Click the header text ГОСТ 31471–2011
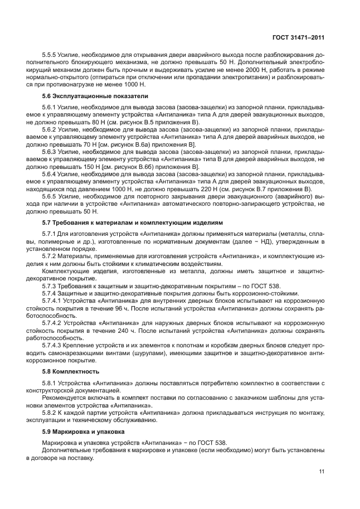[298, 38]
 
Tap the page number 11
[321, 472]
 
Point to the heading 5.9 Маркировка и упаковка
[79, 431]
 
